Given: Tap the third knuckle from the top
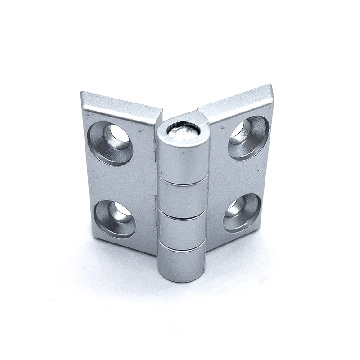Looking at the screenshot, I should pos(182,229).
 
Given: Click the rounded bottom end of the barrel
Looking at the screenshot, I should pos(181,278).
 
